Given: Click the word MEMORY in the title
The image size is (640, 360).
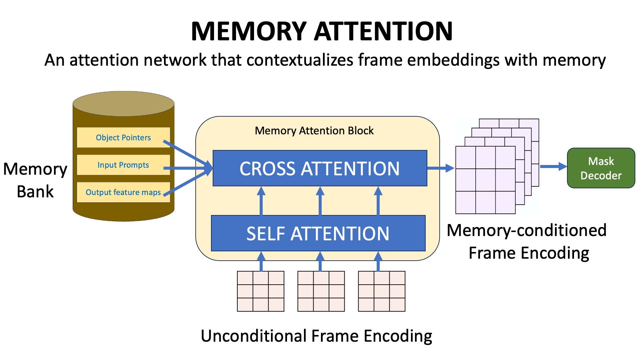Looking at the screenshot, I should (x=248, y=31).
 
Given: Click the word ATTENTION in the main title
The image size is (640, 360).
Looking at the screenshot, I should (x=383, y=31).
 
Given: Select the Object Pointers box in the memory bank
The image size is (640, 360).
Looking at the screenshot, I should (x=123, y=137).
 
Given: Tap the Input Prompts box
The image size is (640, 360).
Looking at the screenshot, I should (x=123, y=165).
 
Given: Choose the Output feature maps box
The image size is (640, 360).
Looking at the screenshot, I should (x=123, y=192).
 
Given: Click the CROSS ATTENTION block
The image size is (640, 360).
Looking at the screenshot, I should (x=320, y=168).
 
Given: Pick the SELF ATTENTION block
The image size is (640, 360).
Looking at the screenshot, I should (x=318, y=233).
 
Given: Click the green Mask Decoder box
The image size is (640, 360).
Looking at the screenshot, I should (x=601, y=168).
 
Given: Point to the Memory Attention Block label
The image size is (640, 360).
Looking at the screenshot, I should (x=314, y=131).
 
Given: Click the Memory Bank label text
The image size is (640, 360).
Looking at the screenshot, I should (x=35, y=180).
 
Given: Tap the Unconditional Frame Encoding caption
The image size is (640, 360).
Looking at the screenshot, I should (x=316, y=336).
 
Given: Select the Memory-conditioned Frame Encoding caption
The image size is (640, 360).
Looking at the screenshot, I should (x=527, y=241).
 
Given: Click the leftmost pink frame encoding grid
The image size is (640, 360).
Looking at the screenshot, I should (x=261, y=291).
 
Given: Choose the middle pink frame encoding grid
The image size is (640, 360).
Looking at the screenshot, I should (x=321, y=291).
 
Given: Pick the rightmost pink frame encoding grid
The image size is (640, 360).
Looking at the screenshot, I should (x=382, y=291).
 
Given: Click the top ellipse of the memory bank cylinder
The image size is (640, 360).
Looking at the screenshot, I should (x=124, y=104).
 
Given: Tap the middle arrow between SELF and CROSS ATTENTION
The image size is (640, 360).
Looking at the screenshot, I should (x=320, y=201).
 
